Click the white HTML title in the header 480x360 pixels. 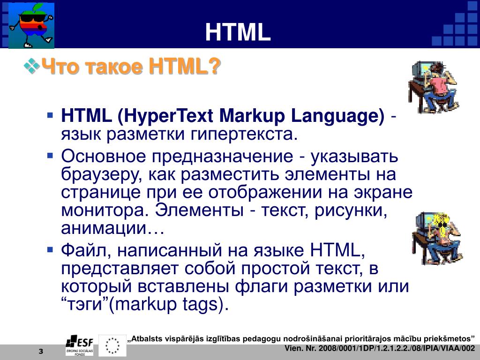click(238, 32)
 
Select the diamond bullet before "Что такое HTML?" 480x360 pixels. click(31, 66)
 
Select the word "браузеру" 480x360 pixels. click(102, 174)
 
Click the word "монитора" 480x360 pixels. click(105, 210)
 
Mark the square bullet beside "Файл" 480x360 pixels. click(51, 250)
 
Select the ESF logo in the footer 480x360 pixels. click(80, 345)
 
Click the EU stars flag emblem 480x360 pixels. click(112, 345)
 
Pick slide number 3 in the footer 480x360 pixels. click(41, 351)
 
